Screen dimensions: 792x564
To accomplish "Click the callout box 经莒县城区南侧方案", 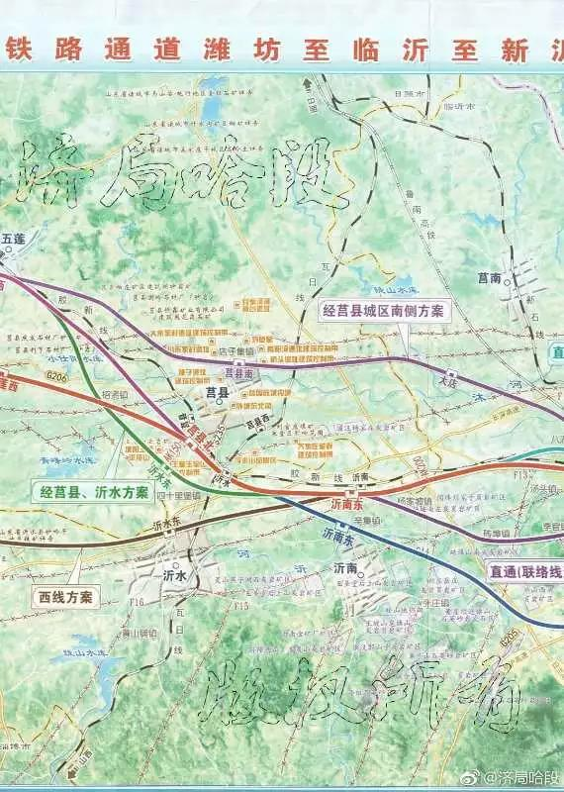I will click(384, 310).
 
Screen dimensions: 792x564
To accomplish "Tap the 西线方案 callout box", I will click(65, 597).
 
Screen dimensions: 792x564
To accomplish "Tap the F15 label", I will click(238, 603).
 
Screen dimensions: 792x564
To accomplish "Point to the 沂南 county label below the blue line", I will click(345, 569).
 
